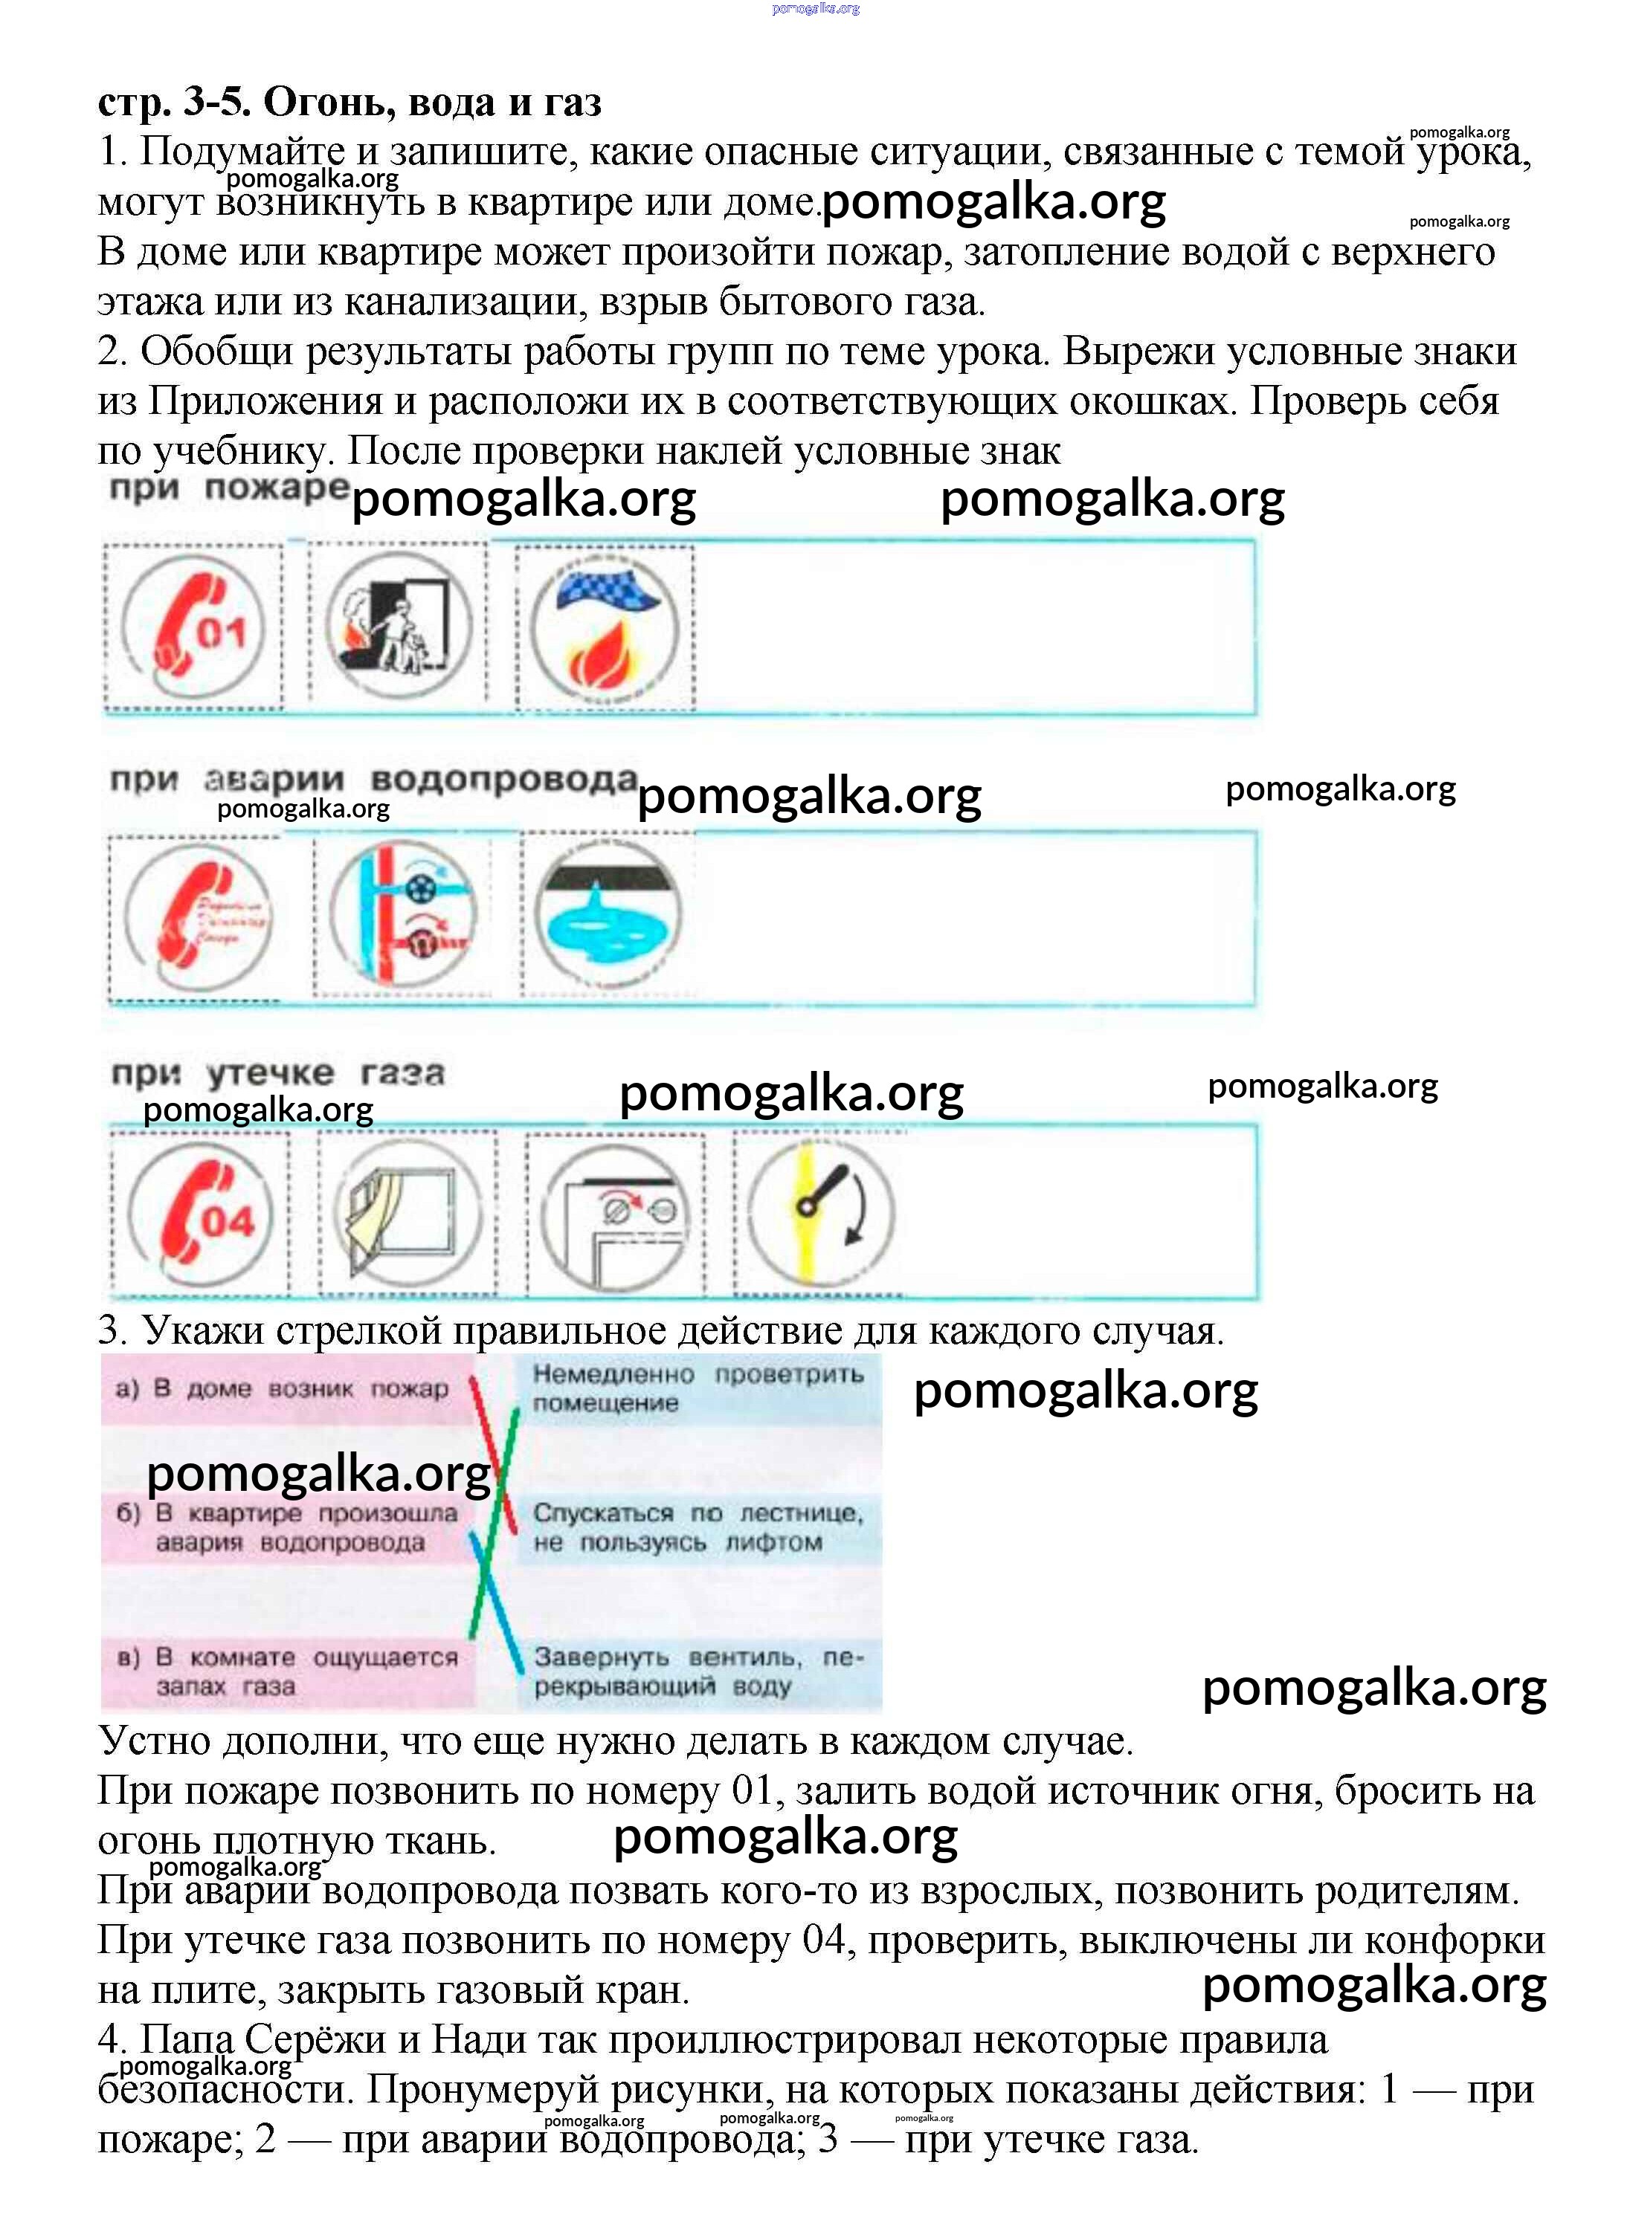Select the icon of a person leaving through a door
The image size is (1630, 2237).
coord(399,625)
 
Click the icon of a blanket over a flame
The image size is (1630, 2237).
coord(604,627)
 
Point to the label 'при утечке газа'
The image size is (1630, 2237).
coord(277,1072)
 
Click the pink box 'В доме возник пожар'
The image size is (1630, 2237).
coord(286,1390)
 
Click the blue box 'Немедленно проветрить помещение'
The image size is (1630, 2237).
coord(698,1388)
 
